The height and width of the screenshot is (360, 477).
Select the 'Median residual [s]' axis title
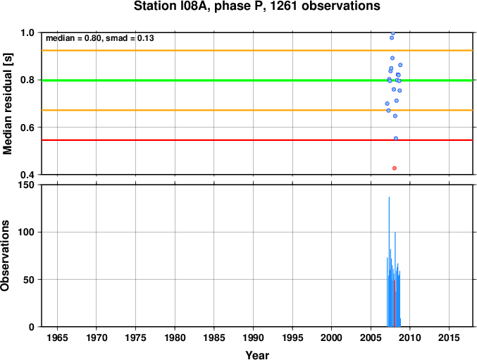tap(8, 103)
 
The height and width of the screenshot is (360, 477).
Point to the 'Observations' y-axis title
tap(6, 256)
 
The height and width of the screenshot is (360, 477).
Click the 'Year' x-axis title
tap(256, 355)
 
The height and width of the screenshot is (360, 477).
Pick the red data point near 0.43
tap(395, 168)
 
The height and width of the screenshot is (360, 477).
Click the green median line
tap(211, 80)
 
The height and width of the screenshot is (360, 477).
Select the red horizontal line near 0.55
tap(211, 139)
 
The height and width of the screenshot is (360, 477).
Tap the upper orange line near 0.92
tap(211, 51)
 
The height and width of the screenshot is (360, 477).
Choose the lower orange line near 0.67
tap(211, 110)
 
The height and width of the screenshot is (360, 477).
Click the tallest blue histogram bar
tap(389, 261)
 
